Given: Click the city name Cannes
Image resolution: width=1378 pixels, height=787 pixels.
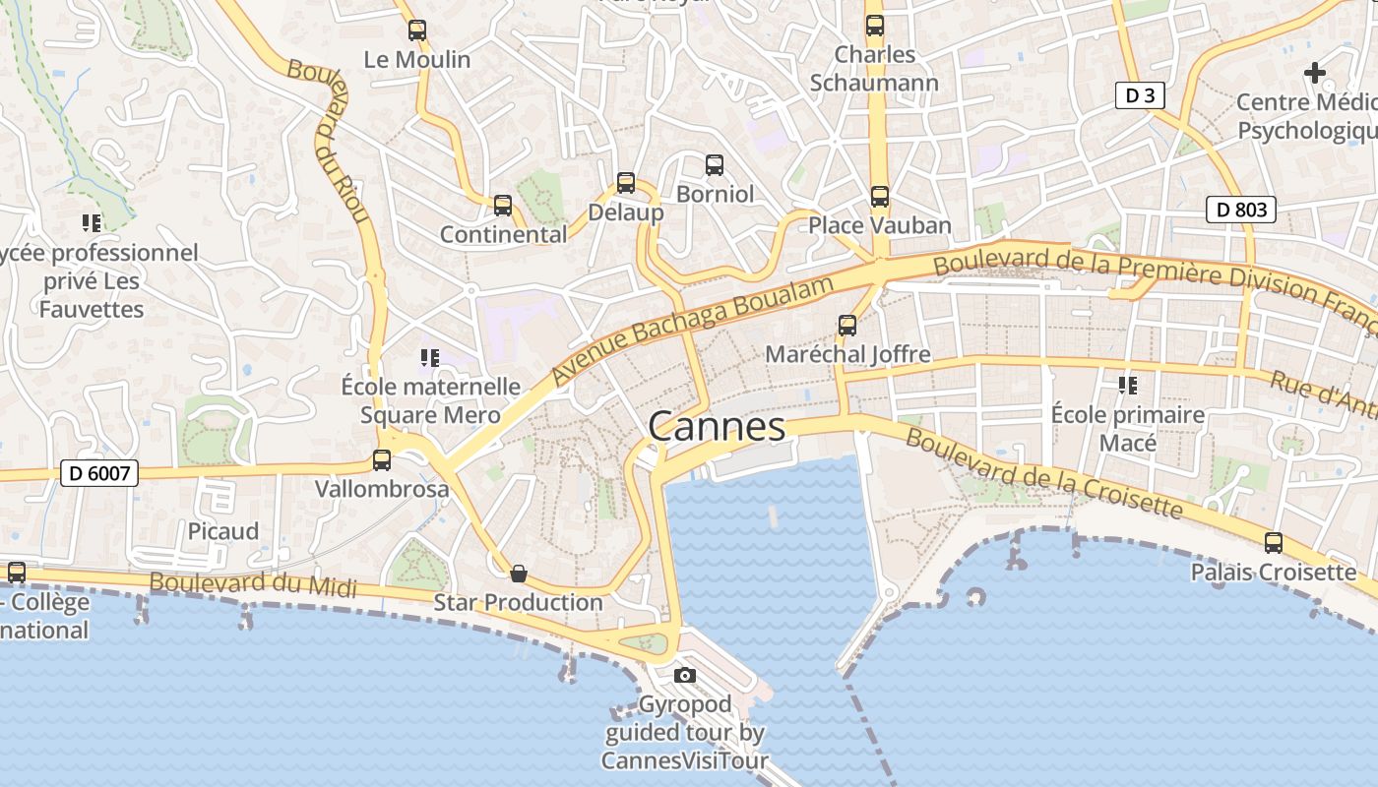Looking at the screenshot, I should (x=717, y=427).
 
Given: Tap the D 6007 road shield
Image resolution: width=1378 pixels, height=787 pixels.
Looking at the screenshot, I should (x=99, y=473).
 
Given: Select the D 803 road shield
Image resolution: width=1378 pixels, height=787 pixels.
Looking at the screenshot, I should (x=1240, y=209).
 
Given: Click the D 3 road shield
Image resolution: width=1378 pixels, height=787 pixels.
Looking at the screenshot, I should (x=1140, y=95).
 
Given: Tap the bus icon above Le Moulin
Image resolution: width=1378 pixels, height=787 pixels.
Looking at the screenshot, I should (x=417, y=30).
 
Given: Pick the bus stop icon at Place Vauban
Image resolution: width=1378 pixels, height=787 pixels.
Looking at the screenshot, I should (x=879, y=197).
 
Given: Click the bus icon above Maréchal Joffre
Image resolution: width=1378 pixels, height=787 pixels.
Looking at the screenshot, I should (x=846, y=326).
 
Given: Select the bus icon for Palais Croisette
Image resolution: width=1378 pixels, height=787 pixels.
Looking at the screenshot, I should (x=1273, y=543).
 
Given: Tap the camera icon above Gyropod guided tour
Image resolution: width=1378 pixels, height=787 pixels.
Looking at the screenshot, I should (x=685, y=675).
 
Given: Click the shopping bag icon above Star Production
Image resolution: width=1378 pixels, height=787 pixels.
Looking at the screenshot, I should (x=518, y=574).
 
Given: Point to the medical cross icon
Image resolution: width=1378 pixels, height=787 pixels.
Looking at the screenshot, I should (x=1314, y=73).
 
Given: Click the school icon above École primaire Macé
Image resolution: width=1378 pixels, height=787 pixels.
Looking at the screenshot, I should (x=1127, y=385).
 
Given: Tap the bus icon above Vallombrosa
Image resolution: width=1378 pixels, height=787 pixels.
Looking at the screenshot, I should (x=382, y=459).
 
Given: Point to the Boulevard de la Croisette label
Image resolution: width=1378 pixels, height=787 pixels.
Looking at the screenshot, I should (x=1043, y=472).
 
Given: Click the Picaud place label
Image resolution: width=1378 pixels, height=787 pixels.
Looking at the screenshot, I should (x=223, y=531).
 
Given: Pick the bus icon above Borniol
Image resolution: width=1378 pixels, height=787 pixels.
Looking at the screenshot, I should (x=715, y=165).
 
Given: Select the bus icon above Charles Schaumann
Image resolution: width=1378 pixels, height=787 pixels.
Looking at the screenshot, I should (x=874, y=26).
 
